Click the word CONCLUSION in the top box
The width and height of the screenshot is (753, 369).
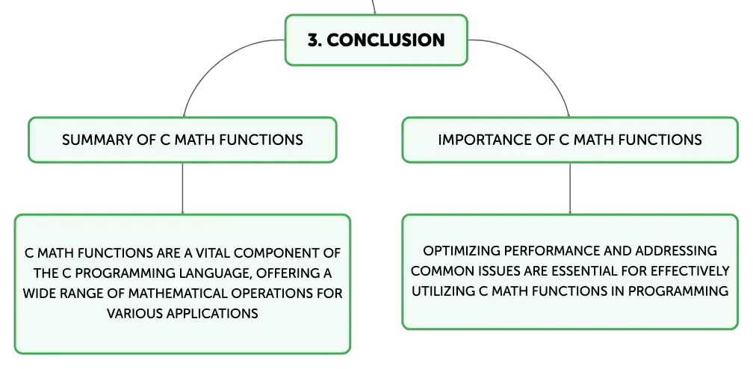click(x=385, y=40)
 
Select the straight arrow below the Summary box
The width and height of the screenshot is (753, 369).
click(x=182, y=188)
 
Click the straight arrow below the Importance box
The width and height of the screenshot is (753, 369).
click(x=570, y=188)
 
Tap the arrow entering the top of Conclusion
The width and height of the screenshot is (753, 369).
click(x=374, y=7)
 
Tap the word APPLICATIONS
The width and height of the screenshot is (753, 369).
click(x=212, y=313)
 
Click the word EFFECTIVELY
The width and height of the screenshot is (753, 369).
click(x=690, y=271)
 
